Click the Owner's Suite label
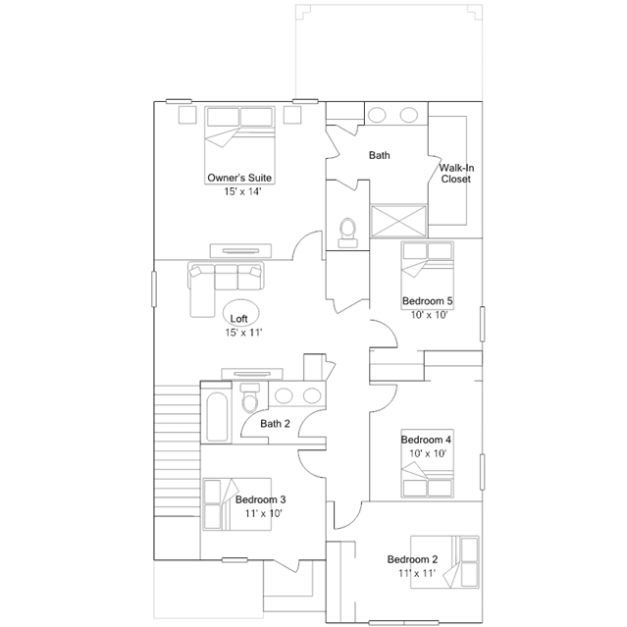pos(239,178)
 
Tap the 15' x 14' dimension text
pos(242,191)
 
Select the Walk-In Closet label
pos(456,173)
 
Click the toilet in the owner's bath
pos(347,234)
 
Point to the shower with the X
pos(398,221)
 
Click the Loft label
pos(238,319)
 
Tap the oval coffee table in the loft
pos(240,313)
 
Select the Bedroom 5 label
pos(428,300)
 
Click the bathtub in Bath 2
pos(217,417)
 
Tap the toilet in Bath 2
pos(250,397)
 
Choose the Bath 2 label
pos(275,424)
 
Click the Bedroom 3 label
pos(261,499)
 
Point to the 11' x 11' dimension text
pos(417,573)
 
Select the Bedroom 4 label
pos(426,440)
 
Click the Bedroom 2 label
pos(412,559)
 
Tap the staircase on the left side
pos(177,450)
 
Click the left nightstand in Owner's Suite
pos(187,115)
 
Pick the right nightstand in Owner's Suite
pos(292,115)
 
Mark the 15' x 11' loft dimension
pos(243,333)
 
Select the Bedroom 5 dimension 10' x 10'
pos(429,315)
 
